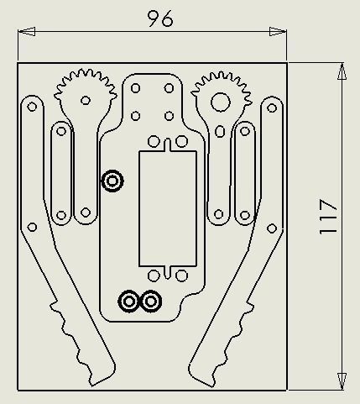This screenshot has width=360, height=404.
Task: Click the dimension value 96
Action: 159,18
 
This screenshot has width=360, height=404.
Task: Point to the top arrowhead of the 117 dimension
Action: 342,70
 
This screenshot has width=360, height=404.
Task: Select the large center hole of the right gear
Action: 220,102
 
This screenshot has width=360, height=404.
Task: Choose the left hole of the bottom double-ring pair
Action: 129,301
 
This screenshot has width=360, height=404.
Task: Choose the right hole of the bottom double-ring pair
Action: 151,301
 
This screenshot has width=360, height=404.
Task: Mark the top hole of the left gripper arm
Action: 32,108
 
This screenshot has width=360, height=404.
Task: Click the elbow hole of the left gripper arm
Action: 32,227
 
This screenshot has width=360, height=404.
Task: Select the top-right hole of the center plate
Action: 169,87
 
